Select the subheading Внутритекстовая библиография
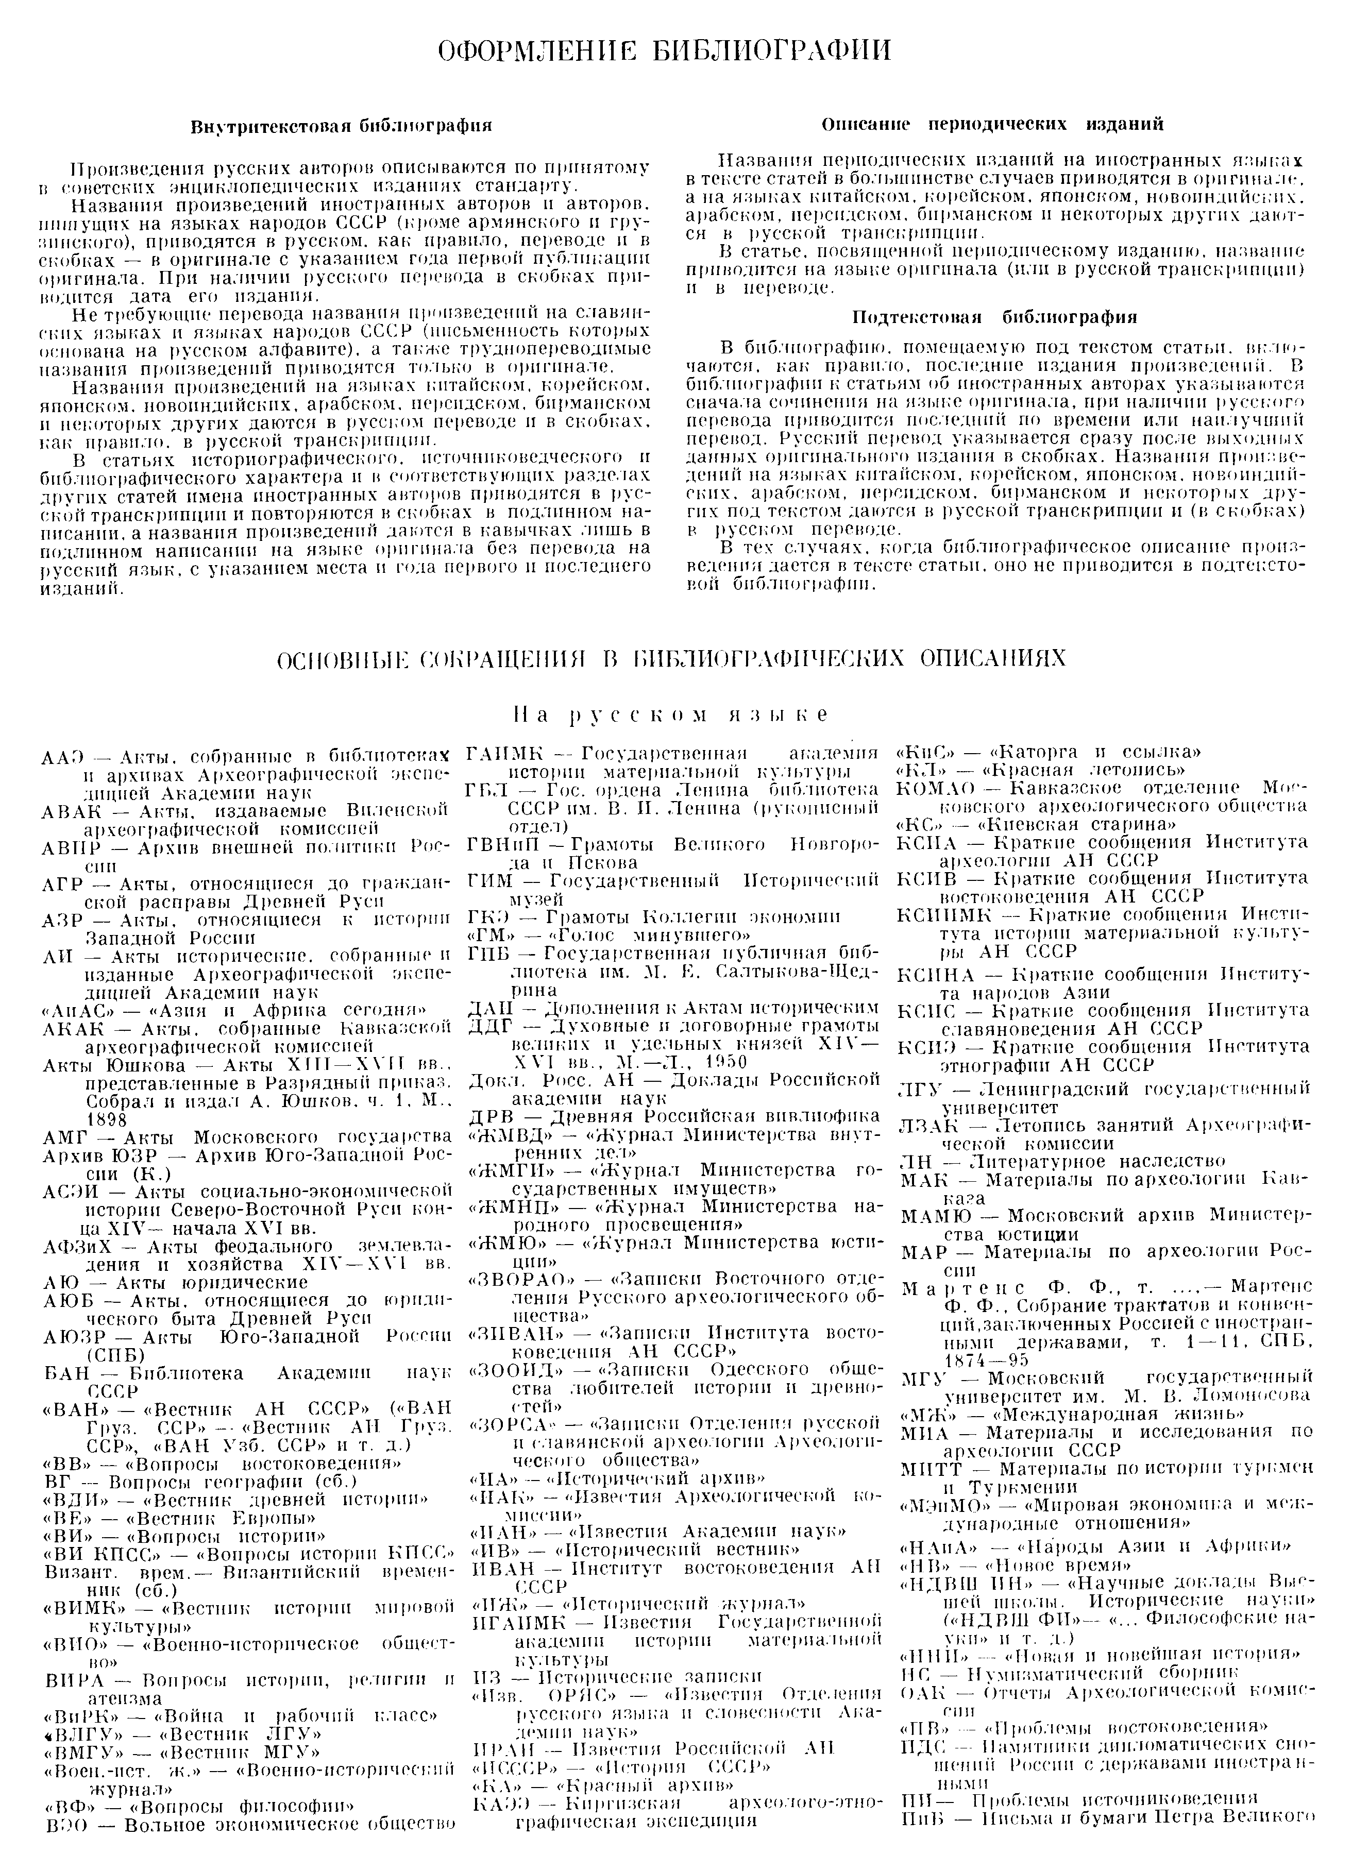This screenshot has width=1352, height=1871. click(342, 126)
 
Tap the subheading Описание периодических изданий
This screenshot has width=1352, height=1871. click(993, 125)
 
